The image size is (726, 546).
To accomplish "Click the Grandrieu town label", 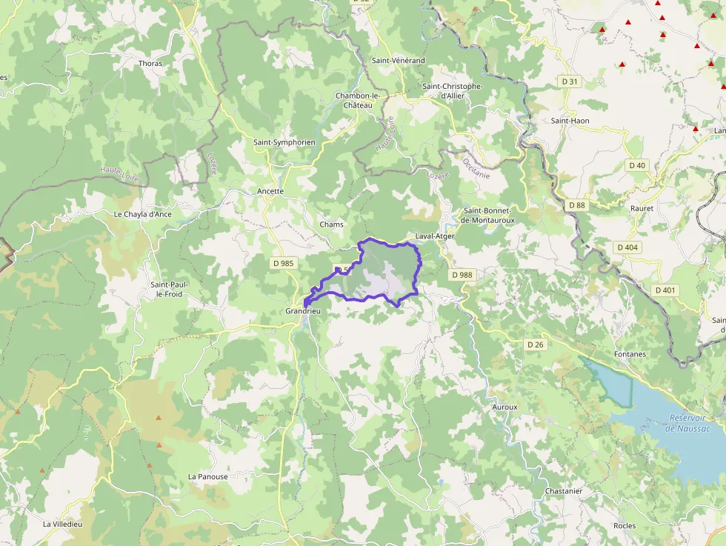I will (x=304, y=312).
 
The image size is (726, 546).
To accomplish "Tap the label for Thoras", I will (x=150, y=64).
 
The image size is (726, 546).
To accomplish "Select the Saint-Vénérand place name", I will (x=399, y=60).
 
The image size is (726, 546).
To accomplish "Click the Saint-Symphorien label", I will (x=284, y=142).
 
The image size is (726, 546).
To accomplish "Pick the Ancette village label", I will (x=270, y=191).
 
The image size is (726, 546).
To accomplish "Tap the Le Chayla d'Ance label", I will (x=142, y=215).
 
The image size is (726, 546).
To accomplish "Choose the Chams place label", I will (x=331, y=224).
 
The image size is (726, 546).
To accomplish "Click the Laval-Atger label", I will (x=435, y=236).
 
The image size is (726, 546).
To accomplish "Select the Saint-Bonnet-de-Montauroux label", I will (x=486, y=215).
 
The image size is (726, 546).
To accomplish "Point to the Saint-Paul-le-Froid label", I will (x=167, y=289).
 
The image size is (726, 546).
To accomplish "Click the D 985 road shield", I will (x=283, y=263).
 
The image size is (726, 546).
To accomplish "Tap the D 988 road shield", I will (x=461, y=275).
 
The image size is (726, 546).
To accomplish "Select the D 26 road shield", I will (x=535, y=344).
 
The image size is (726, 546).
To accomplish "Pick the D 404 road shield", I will (x=627, y=247).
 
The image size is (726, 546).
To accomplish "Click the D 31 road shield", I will (x=569, y=81).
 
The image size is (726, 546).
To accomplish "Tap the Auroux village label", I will (x=504, y=407).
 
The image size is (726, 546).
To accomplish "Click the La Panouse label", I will (x=208, y=477).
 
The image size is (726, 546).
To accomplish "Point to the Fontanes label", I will (x=630, y=354).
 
